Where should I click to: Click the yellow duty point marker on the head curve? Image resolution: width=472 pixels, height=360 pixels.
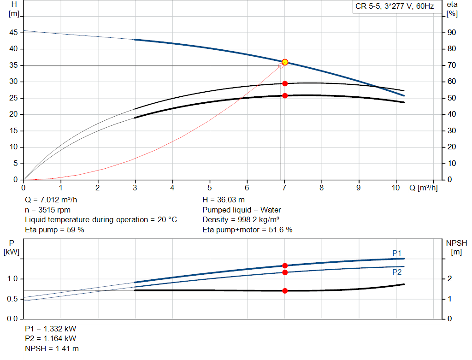[285, 62]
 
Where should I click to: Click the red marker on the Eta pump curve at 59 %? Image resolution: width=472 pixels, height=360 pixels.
[285, 83]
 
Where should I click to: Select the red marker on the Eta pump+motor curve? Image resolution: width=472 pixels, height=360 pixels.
[285, 96]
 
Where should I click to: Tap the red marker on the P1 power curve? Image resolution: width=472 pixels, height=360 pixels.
[285, 266]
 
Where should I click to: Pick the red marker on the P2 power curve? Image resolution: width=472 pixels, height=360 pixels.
[285, 272]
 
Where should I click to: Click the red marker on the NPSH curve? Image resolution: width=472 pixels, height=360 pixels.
[285, 291]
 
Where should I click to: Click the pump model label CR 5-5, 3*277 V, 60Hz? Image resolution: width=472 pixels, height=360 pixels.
[395, 7]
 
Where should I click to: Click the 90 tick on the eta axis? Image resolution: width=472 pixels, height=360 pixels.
[452, 33]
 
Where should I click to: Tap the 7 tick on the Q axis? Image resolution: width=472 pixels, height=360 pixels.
[284, 188]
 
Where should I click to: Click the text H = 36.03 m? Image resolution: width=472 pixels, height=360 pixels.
[224, 200]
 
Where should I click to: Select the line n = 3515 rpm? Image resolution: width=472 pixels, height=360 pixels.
[47, 210]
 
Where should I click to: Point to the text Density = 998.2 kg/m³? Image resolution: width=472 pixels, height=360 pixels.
[241, 220]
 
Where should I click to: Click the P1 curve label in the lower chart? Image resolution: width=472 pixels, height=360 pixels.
[397, 253]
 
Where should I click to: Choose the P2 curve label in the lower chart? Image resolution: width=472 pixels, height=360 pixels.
[397, 272]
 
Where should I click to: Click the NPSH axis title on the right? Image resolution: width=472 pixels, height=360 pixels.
[456, 247]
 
